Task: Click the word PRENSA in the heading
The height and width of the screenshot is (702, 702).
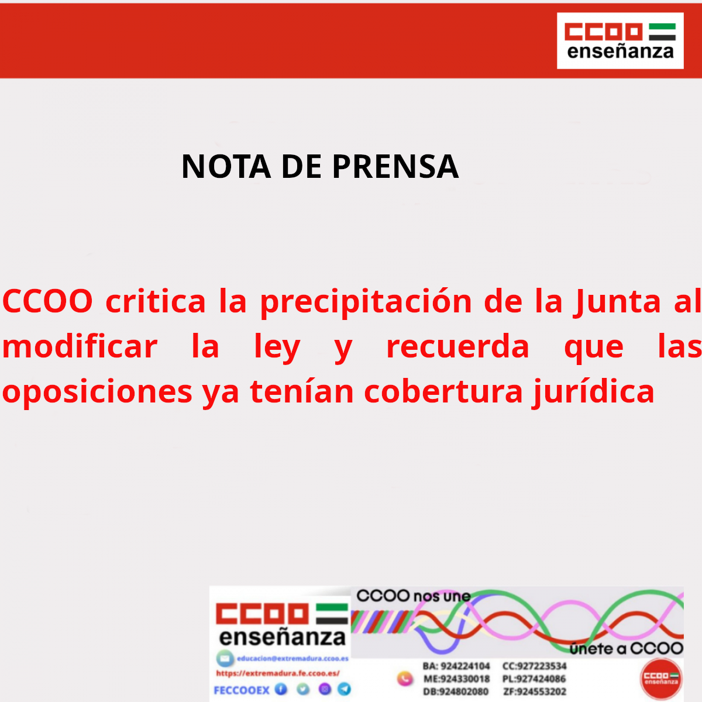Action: point(395,167)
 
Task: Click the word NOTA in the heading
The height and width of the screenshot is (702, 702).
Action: point(226,167)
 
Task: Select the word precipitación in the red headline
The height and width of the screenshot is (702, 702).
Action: point(366,301)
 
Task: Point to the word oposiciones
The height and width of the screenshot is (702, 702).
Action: point(97,391)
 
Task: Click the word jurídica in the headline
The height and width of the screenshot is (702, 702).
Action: point(593,391)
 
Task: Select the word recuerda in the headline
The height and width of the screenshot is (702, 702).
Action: point(457,346)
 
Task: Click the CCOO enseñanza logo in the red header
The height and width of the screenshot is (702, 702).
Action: point(620,41)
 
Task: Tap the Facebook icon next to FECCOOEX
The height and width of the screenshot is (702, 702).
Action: point(281,689)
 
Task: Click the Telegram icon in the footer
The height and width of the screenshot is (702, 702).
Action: point(345,689)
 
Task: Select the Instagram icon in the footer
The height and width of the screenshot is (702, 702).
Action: point(325,689)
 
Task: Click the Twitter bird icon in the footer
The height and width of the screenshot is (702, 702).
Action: point(303,689)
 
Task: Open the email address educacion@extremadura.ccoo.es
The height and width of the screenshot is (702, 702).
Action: point(292,659)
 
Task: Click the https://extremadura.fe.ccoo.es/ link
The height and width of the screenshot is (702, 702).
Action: point(277,673)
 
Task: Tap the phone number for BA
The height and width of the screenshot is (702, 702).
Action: point(464,666)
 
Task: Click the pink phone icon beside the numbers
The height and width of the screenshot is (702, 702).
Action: point(405,679)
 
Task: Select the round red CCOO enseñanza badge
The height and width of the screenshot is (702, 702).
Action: point(661,679)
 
